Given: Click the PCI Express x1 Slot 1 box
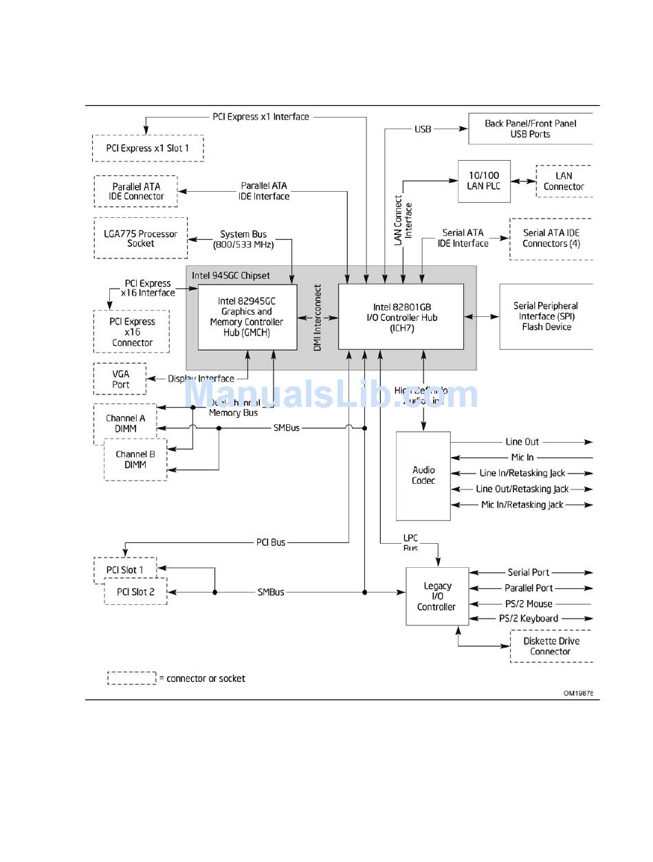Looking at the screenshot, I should [x=148, y=148].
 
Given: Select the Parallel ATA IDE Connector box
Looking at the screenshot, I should [x=136, y=191].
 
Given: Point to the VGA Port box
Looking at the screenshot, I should [x=120, y=379].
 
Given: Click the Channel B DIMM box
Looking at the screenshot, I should [x=135, y=459].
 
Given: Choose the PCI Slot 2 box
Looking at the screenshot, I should [x=135, y=591].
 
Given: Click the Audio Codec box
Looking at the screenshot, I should [x=423, y=476].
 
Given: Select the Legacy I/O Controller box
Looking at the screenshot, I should [x=437, y=596].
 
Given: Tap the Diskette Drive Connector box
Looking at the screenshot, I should [x=551, y=646].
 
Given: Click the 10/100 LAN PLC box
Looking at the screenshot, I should [x=485, y=181].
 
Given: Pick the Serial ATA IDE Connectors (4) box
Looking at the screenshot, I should [x=551, y=239].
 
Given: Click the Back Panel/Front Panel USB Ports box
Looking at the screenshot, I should [x=530, y=129].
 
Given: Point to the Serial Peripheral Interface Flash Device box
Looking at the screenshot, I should [x=546, y=316].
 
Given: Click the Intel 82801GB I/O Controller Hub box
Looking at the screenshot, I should [x=401, y=318].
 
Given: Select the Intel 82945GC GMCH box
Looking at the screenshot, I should [x=247, y=317].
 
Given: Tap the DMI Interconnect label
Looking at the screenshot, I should [x=318, y=318].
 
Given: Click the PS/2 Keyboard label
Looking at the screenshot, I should [x=529, y=619].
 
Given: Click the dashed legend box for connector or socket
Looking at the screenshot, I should [x=131, y=678].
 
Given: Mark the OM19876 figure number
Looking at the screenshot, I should [x=578, y=694].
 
